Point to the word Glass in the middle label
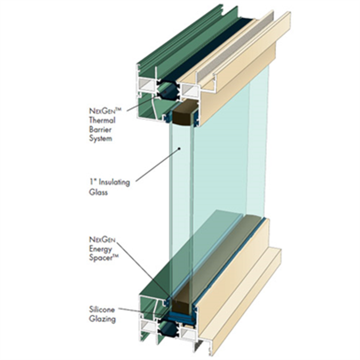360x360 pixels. [x=98, y=192]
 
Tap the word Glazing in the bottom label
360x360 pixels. [x=101, y=319]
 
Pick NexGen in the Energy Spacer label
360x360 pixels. [x=102, y=239]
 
